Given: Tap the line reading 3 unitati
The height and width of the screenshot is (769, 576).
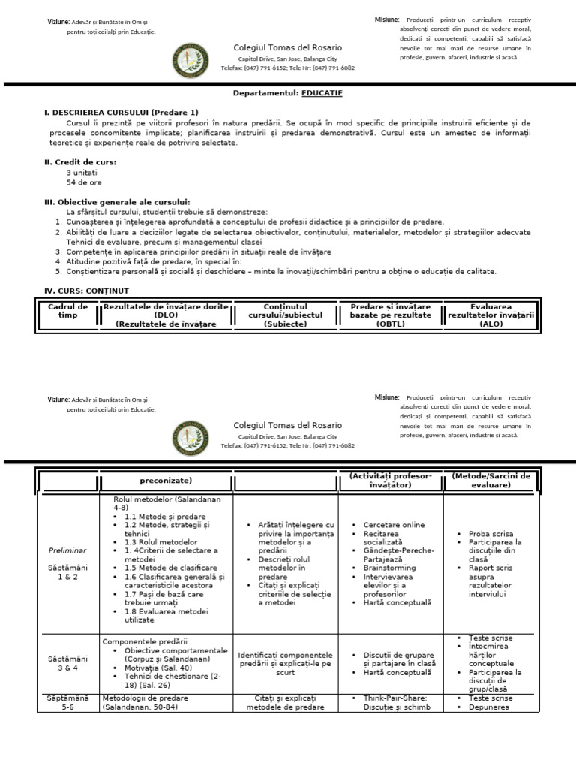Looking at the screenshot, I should pyautogui.click(x=82, y=172).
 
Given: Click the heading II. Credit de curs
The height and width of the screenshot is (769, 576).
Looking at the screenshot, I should pyautogui.click(x=80, y=161).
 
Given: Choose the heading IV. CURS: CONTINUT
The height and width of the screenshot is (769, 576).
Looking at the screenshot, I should pyautogui.click(x=86, y=290).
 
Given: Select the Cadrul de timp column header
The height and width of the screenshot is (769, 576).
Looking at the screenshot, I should pyautogui.click(x=67, y=311).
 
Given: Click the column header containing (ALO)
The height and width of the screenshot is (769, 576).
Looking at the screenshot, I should pyautogui.click(x=490, y=315).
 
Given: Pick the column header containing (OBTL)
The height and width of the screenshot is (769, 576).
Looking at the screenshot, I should pyautogui.click(x=390, y=315).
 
